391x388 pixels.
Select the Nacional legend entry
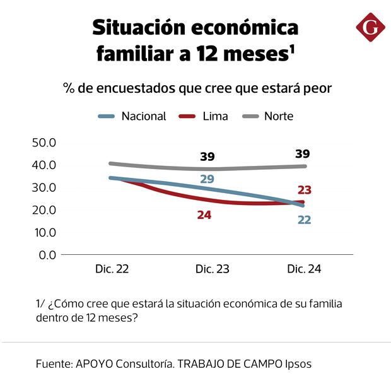[133, 116]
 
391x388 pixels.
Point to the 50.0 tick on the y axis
[44, 142]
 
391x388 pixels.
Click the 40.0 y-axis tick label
[44, 165]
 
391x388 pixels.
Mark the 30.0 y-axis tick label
[44, 187]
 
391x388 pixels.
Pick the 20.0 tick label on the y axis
[44, 209]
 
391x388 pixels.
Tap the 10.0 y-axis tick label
[44, 232]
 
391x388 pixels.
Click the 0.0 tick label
[48, 255]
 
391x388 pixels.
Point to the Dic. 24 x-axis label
[305, 269]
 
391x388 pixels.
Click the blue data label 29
[207, 179]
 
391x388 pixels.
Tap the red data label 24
[204, 215]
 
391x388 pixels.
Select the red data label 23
[305, 190]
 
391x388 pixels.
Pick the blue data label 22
[304, 220]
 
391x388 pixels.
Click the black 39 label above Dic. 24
[303, 154]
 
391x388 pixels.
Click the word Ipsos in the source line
[296, 364]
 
